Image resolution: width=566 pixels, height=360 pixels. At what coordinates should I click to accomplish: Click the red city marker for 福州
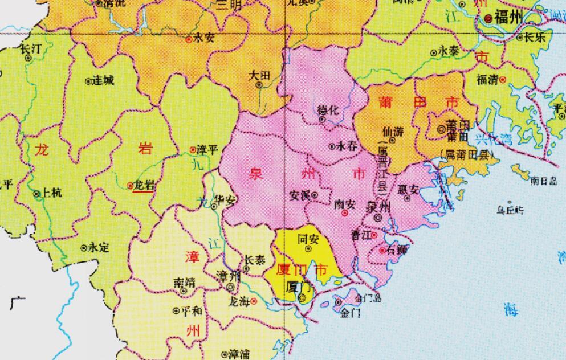[x=489, y=18]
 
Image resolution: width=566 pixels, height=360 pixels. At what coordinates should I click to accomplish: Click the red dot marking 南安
[x=345, y=213]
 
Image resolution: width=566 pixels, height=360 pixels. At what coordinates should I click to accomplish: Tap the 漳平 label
[x=207, y=150]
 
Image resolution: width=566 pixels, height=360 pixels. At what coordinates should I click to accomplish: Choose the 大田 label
[x=259, y=75]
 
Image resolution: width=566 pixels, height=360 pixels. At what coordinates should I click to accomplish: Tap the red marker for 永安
[x=189, y=40]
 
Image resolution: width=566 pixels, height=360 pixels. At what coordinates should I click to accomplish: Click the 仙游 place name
[x=393, y=131]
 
